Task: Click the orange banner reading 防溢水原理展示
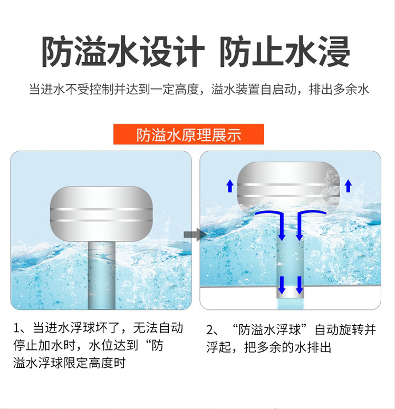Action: [188, 134]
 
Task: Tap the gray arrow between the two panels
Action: [195, 235]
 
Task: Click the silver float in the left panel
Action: [101, 214]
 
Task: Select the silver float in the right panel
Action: [288, 188]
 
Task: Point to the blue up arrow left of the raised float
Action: [230, 186]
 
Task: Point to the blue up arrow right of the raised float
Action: [348, 186]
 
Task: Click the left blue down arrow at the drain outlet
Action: [282, 285]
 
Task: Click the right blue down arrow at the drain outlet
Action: [300, 285]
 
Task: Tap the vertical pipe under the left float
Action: [102, 275]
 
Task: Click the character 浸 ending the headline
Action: [334, 51]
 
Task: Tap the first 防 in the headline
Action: [58, 51]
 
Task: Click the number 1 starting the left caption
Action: [16, 328]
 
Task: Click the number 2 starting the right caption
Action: [210, 330]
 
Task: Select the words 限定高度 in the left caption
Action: [88, 363]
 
